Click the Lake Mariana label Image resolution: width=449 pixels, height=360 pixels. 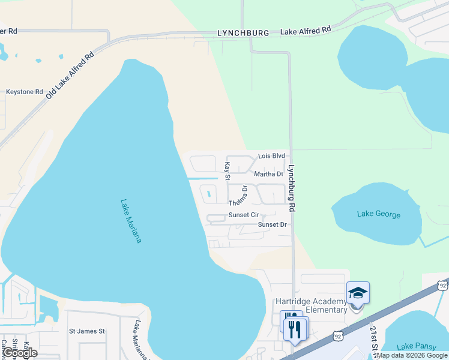[131, 221]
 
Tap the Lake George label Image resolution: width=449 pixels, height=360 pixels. [378, 214]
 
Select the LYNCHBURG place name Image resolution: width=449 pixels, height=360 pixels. [241, 33]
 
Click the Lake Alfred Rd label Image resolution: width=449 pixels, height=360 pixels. [306, 29]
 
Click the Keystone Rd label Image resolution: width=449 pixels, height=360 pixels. [25, 92]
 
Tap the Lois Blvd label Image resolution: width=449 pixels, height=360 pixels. [271, 156]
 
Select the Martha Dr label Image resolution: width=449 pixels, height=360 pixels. [268, 174]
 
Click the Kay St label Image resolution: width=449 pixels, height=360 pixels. [227, 170]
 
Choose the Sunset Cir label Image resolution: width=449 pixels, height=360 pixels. [243, 215]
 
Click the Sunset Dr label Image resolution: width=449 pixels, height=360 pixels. [273, 224]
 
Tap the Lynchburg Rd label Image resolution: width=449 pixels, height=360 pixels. [292, 188]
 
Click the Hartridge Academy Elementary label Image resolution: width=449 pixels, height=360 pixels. [311, 305]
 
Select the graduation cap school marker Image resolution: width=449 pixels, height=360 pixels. [358, 293]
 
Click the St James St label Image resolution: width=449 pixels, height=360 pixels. [87, 331]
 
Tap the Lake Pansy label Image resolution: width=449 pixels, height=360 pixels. [414, 346]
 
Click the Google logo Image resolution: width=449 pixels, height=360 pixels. [19, 353]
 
